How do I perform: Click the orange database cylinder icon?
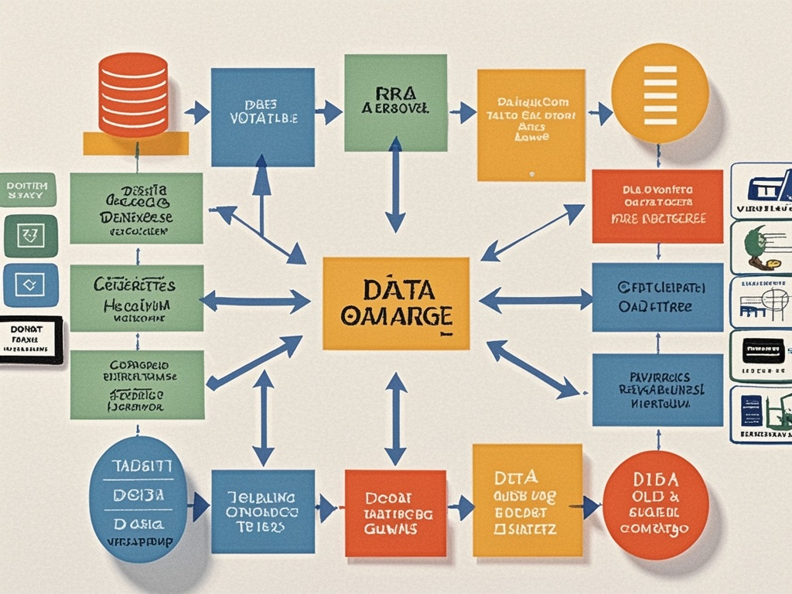click(x=134, y=94)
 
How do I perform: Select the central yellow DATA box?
click(x=395, y=303)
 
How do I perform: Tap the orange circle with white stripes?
click(x=660, y=93)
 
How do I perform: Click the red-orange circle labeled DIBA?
click(x=655, y=505)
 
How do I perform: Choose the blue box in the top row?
click(x=263, y=117)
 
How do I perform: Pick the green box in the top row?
click(x=395, y=102)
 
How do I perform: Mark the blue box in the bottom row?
click(x=263, y=510)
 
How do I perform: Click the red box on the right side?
click(x=657, y=206)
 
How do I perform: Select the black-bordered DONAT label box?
click(x=31, y=340)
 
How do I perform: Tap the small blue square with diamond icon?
click(x=31, y=285)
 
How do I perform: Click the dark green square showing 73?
click(x=31, y=236)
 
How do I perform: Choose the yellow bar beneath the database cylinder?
click(x=135, y=143)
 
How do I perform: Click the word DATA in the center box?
click(x=397, y=291)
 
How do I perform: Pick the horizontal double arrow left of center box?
click(x=255, y=301)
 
